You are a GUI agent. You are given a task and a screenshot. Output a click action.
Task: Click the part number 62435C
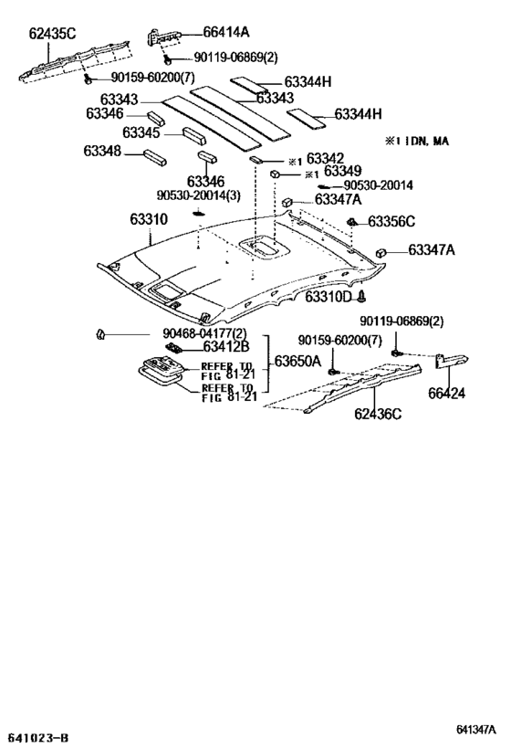[52, 34]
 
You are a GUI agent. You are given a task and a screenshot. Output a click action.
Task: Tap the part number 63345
[141, 132]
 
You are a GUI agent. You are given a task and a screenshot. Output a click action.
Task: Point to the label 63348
[102, 151]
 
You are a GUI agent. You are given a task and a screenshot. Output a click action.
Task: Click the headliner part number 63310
[149, 219]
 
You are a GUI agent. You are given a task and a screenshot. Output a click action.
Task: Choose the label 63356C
[391, 221]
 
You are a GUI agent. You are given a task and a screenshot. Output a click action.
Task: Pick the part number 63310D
[328, 297]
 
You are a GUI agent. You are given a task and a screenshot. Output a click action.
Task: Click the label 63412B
[226, 346]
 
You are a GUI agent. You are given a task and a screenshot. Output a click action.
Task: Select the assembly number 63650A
[297, 361]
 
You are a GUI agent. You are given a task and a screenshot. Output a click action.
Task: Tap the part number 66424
[446, 393]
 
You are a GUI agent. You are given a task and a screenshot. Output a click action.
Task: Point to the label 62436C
[378, 413]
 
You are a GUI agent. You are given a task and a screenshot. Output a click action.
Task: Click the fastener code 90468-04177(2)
[198, 333]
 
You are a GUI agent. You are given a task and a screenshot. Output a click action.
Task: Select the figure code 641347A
[475, 730]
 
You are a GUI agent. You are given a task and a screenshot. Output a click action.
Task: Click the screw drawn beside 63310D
[361, 297]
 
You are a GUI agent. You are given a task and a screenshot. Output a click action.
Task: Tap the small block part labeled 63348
[155, 157]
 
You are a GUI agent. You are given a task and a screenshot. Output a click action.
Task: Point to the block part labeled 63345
[194, 136]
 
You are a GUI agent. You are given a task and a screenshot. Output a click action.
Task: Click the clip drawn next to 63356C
[353, 222]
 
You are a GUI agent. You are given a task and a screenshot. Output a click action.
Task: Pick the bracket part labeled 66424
[452, 360]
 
